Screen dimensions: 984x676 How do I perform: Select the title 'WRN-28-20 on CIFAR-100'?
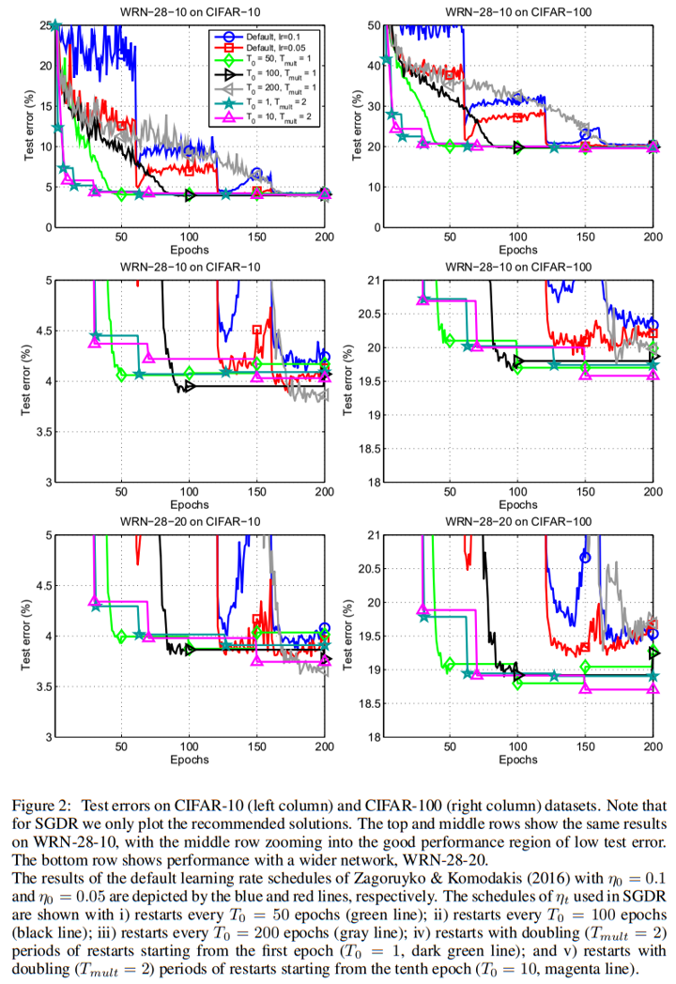coord(516,521)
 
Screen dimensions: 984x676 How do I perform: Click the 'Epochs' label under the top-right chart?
coord(516,252)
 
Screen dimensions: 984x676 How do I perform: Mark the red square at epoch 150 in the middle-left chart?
coord(256,330)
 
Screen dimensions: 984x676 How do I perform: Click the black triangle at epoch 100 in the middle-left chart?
coord(190,386)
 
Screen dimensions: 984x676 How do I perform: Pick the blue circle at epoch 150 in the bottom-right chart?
coord(585,557)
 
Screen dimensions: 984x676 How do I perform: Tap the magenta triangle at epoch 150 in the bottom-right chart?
coord(585,688)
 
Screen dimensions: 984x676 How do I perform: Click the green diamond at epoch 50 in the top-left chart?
coord(121,194)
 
